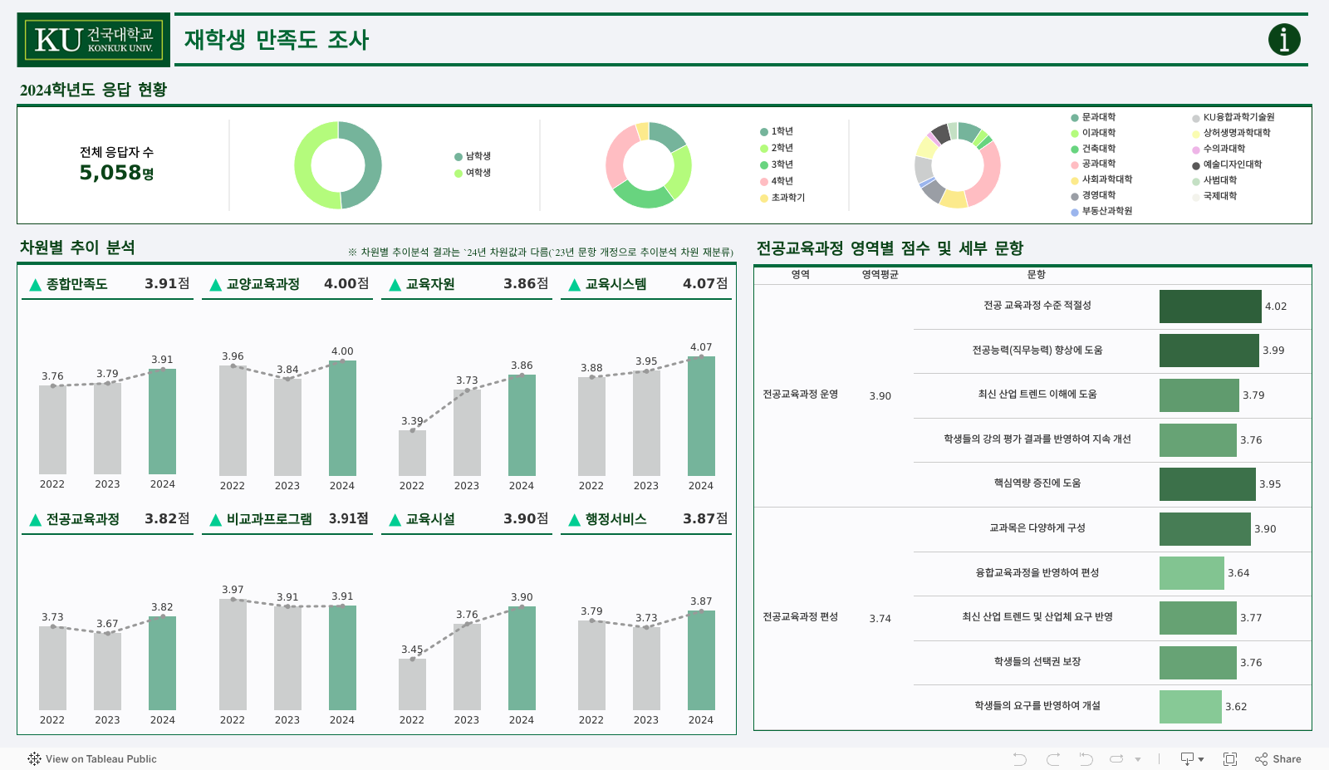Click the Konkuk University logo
click(x=93, y=39)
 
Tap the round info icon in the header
click(x=1283, y=39)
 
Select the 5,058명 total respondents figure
click(x=116, y=173)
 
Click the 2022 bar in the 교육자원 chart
click(x=412, y=453)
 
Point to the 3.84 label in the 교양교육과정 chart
click(x=287, y=370)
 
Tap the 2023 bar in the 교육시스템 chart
click(x=646, y=423)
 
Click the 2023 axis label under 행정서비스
click(x=646, y=720)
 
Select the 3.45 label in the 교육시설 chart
click(x=412, y=650)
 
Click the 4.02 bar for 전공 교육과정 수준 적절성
click(x=1209, y=307)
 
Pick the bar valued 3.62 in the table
click(x=1190, y=707)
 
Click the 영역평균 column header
click(x=880, y=275)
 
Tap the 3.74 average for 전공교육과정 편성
click(x=880, y=619)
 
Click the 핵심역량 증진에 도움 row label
click(x=1037, y=483)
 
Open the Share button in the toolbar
click(x=1278, y=759)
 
